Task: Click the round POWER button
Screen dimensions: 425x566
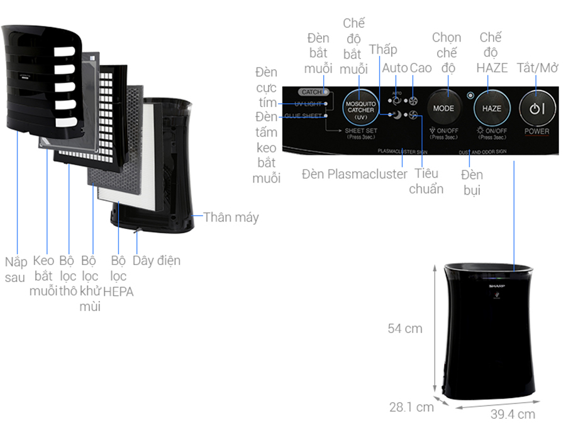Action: (536, 108)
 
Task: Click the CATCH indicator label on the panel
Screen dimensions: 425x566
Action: (312, 92)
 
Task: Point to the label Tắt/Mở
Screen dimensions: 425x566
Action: (537, 68)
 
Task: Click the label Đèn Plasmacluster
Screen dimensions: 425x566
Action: (355, 174)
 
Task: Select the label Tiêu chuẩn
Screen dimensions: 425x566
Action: (426, 181)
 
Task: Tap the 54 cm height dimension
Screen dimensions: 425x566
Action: (405, 328)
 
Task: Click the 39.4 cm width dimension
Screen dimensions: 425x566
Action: (513, 414)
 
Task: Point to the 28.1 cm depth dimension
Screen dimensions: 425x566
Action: (411, 407)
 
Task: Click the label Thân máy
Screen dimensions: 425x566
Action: (231, 217)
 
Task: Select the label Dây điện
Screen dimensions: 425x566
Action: (156, 260)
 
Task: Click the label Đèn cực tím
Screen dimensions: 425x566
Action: (267, 86)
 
